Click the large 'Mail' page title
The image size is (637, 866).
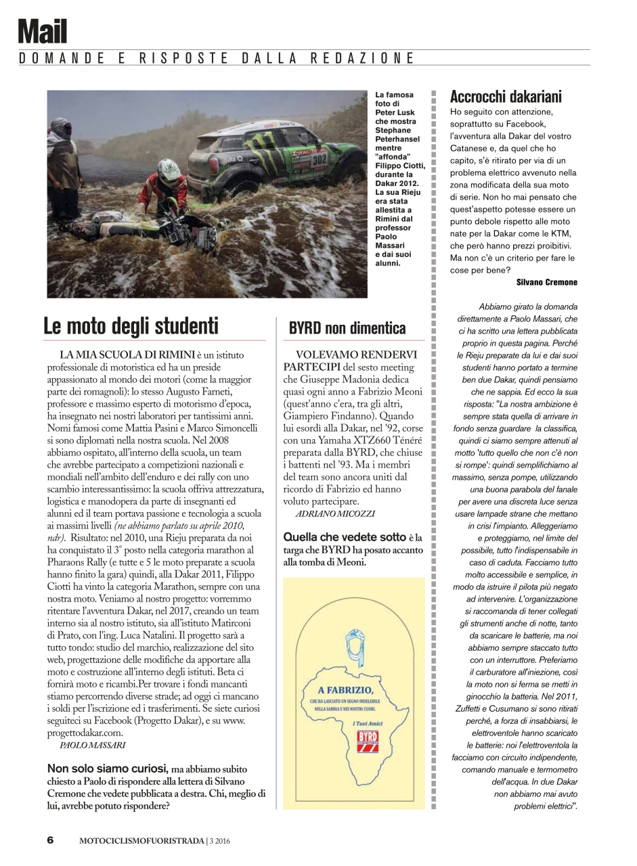(42, 31)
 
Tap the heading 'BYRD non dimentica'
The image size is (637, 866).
(347, 329)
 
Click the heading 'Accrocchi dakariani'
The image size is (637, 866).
(505, 96)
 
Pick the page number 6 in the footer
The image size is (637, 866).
(50, 840)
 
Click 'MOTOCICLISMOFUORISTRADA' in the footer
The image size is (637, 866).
(141, 841)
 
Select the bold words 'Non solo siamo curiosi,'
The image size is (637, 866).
(107, 769)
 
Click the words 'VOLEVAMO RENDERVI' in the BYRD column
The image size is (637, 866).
(356, 355)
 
